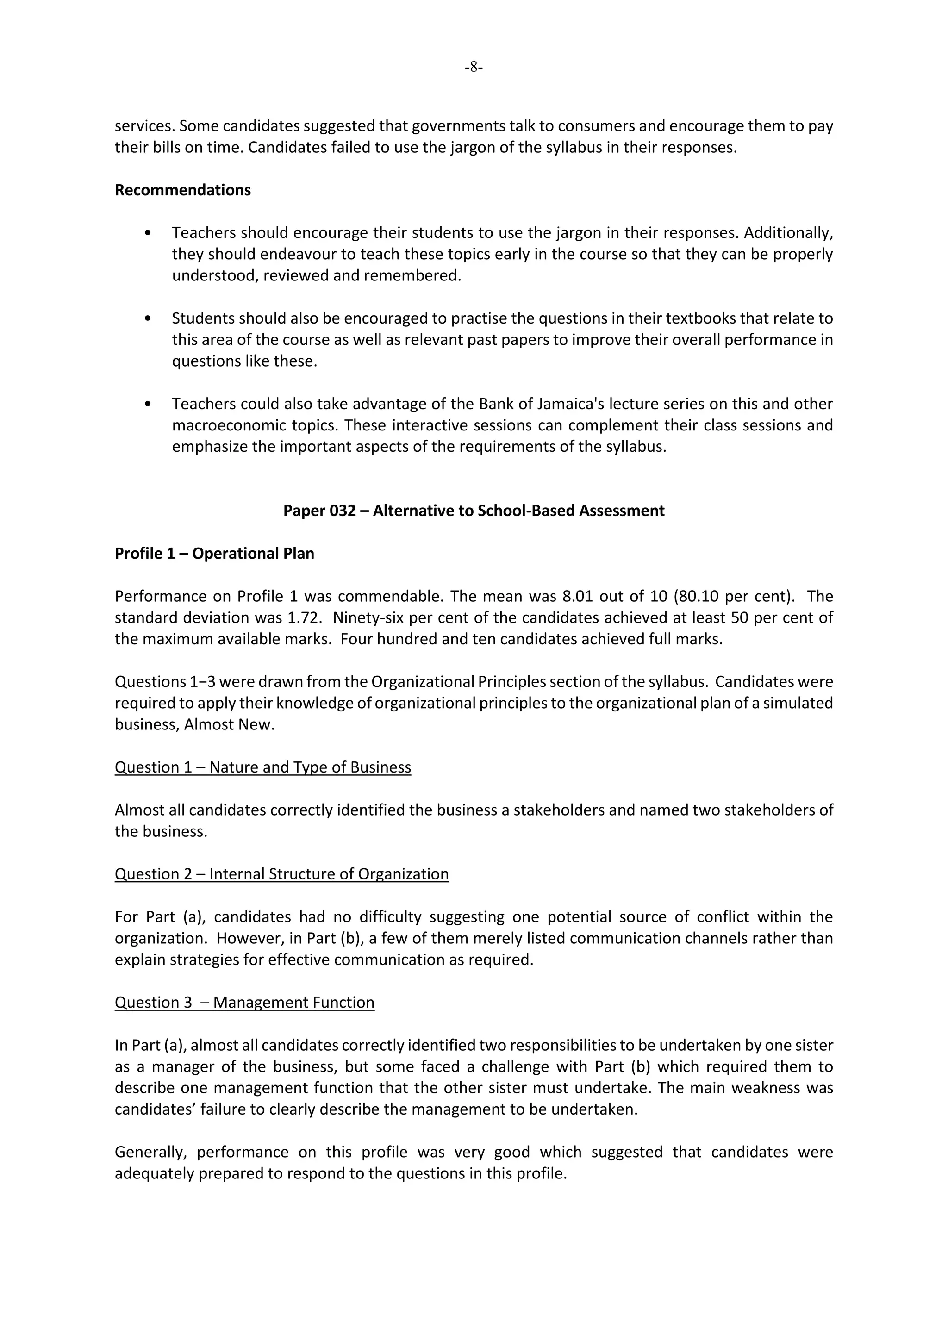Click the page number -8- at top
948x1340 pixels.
(474, 68)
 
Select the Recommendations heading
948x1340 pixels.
(183, 190)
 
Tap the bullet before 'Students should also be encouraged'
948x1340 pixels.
(148, 318)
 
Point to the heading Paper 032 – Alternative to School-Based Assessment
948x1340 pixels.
(474, 511)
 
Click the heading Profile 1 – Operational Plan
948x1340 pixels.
(214, 553)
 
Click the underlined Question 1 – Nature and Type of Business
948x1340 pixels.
(262, 767)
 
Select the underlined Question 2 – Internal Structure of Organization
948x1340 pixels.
(281, 874)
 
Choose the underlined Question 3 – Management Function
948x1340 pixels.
(244, 1002)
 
